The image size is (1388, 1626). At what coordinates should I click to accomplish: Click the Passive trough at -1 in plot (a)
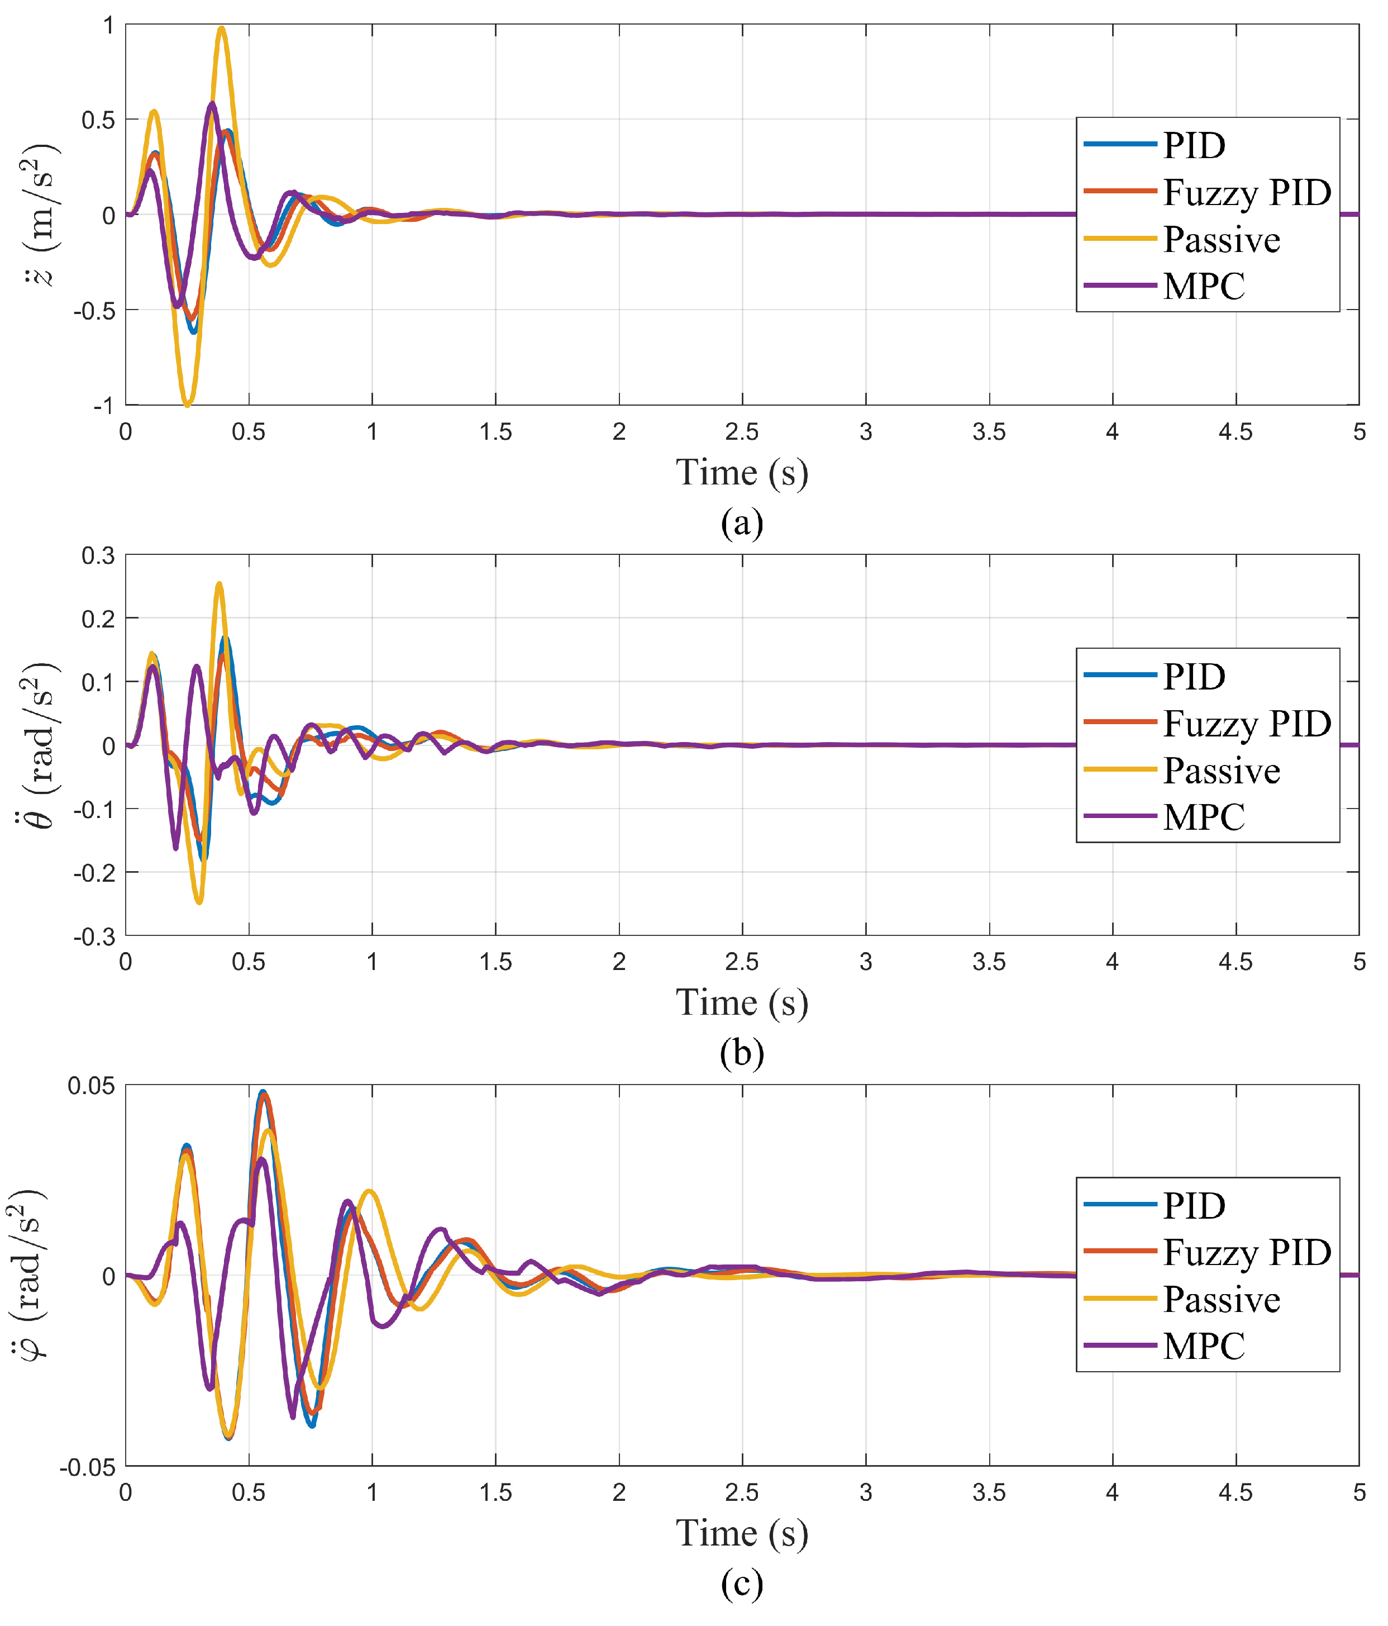coord(187,403)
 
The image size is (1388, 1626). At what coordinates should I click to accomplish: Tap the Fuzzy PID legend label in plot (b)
coord(1246,722)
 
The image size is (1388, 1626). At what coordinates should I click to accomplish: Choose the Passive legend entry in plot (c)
coord(1221,1300)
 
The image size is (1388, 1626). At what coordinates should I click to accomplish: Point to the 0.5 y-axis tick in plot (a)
coord(98,120)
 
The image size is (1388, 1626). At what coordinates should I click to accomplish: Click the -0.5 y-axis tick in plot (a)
coord(95,311)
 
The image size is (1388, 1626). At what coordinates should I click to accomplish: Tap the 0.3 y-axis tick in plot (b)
coord(98,555)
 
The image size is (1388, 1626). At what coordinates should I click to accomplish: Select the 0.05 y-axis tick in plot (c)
coord(91,1086)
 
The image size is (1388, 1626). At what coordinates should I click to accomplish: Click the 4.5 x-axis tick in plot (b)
coord(1235,962)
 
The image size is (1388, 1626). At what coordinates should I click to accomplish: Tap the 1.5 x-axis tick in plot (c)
coord(495,1492)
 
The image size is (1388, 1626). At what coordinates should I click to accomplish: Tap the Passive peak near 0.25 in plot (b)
coord(220,584)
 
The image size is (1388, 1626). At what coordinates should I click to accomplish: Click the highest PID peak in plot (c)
coord(263,1092)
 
